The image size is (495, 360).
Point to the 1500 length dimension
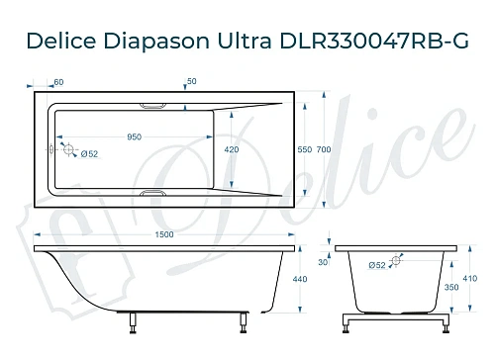click(163, 234)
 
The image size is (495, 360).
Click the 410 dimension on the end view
click(469, 279)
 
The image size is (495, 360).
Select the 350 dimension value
click(451, 287)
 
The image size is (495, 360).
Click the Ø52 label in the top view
click(88, 153)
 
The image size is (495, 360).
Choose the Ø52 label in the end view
click(376, 266)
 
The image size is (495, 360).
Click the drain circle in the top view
click(69, 149)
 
